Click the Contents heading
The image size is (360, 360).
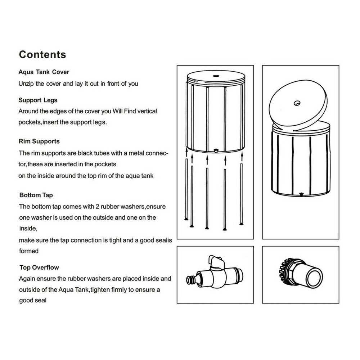(42, 54)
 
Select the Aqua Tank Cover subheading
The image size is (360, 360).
(44, 72)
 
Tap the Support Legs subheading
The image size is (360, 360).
(38, 100)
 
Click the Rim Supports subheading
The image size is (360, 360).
(39, 141)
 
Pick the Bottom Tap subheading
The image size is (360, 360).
(36, 195)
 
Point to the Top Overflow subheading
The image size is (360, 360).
(39, 267)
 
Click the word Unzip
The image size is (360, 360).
(26, 84)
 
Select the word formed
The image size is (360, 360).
(28, 251)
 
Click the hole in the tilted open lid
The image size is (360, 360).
(297, 103)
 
